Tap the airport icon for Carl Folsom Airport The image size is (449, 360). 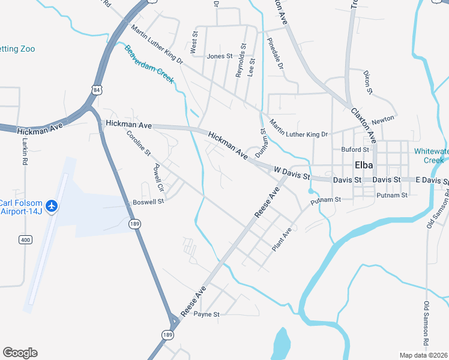click(52, 206)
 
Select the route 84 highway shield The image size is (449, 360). click(97, 89)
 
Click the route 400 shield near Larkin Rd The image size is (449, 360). click(25, 240)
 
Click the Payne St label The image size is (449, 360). click(207, 314)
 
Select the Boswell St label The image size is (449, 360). click(148, 202)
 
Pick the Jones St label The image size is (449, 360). click(219, 56)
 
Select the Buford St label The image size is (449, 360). click(355, 149)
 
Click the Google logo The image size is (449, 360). click(20, 353)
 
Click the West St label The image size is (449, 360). click(194, 44)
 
